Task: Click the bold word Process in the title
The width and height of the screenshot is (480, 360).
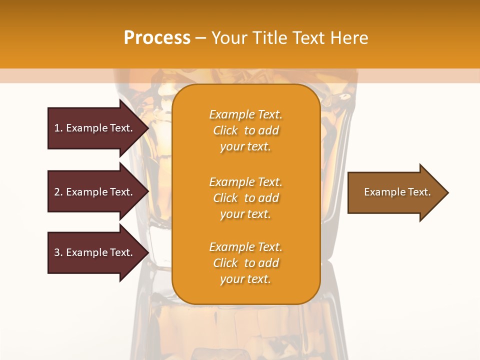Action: (157, 38)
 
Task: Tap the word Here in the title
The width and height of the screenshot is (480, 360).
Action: (348, 38)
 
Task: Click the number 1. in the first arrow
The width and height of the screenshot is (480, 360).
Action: (58, 128)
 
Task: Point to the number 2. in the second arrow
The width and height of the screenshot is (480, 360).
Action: (58, 192)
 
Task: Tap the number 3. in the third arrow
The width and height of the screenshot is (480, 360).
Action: (58, 252)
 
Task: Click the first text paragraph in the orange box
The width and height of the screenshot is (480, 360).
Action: (245, 130)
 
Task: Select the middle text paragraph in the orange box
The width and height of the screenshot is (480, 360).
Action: (245, 198)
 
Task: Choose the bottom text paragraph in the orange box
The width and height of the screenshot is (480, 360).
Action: (245, 263)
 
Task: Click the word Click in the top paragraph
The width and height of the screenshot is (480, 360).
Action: (225, 130)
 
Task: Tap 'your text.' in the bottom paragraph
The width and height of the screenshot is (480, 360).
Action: (245, 279)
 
